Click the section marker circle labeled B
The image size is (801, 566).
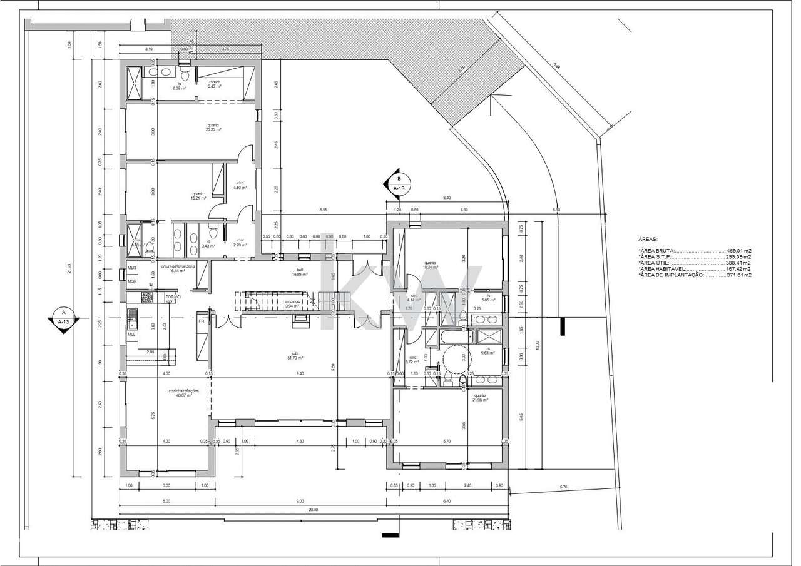pos(399,178)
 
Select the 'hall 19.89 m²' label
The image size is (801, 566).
pos(297,272)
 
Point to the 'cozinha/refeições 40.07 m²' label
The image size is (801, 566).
pos(184,393)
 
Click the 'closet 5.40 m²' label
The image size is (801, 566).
pos(215,84)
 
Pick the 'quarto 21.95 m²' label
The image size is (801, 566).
pos(479,398)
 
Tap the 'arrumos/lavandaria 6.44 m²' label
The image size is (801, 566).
pos(178,269)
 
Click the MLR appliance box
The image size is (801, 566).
pos(132,268)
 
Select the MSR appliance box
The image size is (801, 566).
pos(132,281)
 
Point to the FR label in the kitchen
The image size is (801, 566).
pos(202,321)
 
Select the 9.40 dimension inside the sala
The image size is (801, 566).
pos(300,373)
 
